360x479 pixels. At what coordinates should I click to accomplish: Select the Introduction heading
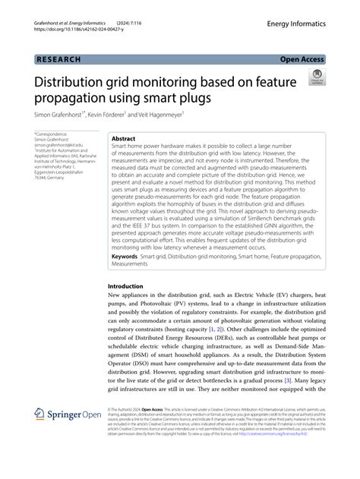pos(131,287)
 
